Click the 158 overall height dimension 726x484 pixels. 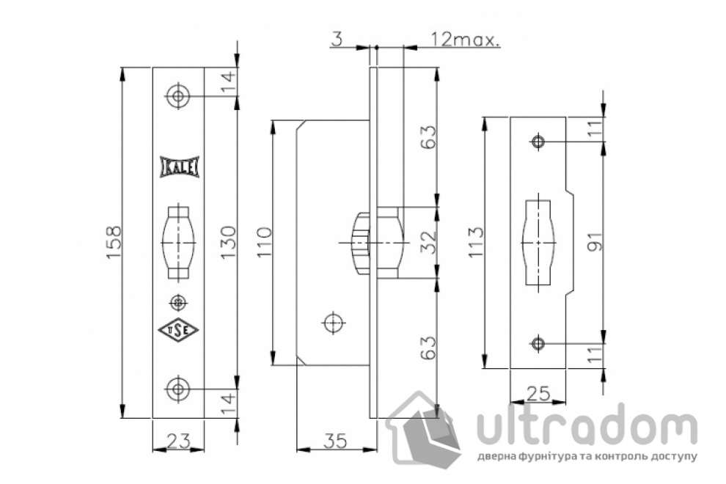114,242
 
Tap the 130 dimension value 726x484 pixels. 228,242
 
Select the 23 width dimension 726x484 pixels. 177,441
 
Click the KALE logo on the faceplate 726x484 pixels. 179,166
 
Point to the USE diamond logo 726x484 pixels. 178,330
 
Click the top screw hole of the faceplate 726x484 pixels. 177,96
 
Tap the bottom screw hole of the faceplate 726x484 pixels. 177,389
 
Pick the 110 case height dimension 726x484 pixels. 264,242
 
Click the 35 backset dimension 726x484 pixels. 334,441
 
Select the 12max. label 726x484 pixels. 465,40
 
